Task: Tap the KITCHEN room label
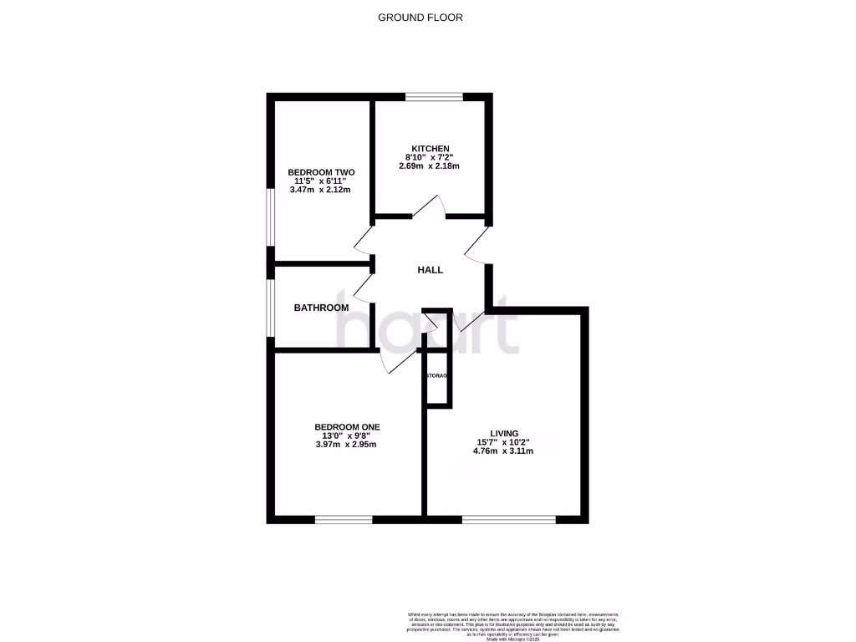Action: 430,149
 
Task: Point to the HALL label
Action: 431,270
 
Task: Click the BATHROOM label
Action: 321,308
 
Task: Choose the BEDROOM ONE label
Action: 348,427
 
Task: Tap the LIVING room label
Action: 504,433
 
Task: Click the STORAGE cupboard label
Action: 437,376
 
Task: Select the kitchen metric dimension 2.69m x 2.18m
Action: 430,166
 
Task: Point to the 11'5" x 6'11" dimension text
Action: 319,181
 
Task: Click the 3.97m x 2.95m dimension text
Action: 345,444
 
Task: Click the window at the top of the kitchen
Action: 435,97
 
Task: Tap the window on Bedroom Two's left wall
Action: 269,217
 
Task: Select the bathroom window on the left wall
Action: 269,307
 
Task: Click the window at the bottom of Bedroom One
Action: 344,519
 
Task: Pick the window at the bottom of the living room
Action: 508,519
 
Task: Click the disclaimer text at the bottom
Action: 513,626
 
